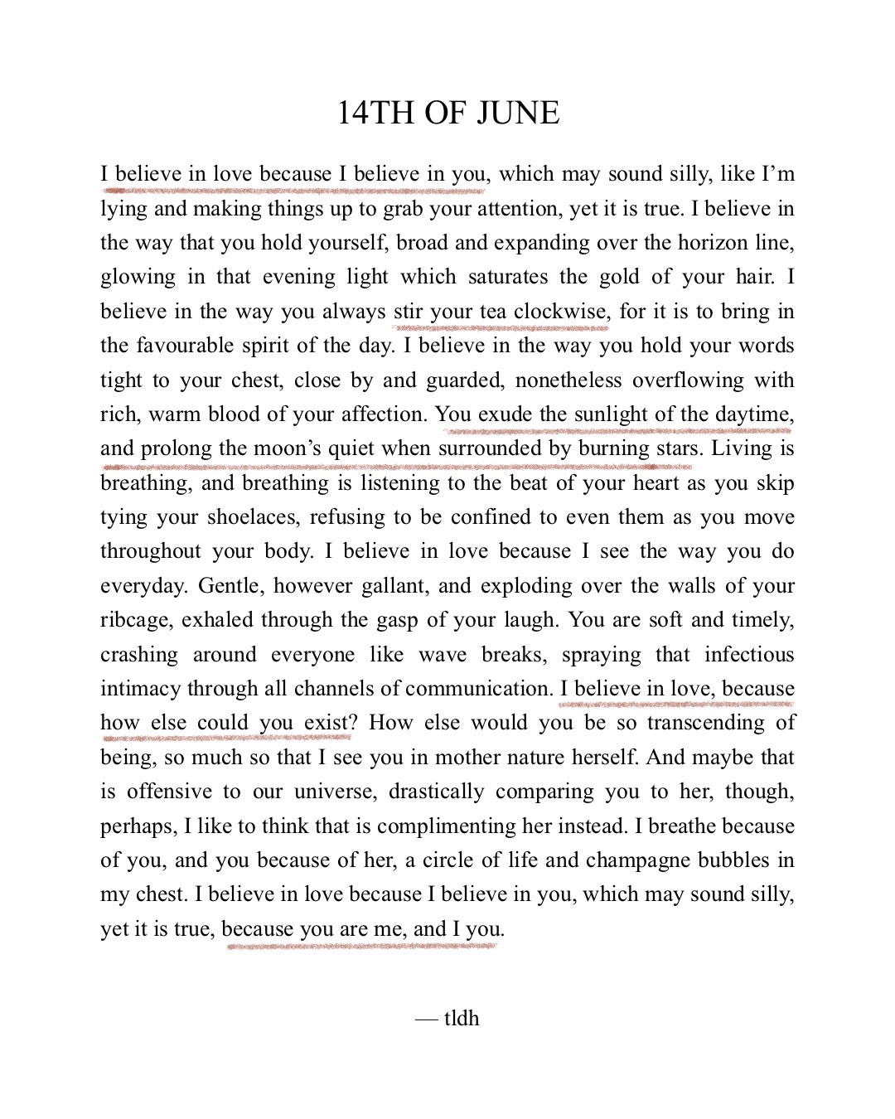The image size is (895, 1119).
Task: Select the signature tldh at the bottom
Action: click(462, 1017)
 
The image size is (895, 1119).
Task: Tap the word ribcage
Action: click(137, 620)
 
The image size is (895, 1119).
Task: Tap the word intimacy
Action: click(139, 689)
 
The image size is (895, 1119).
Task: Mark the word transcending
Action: click(704, 723)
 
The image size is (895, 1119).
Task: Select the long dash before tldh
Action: click(427, 1018)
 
